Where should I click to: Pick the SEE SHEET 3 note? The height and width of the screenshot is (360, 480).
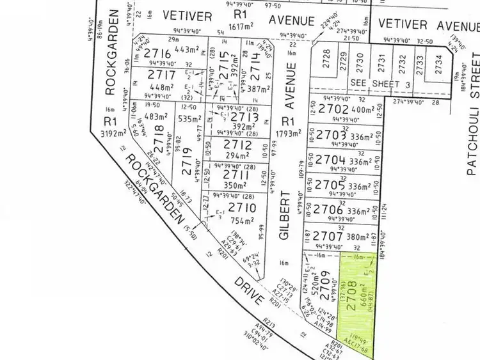coord(372,84)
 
